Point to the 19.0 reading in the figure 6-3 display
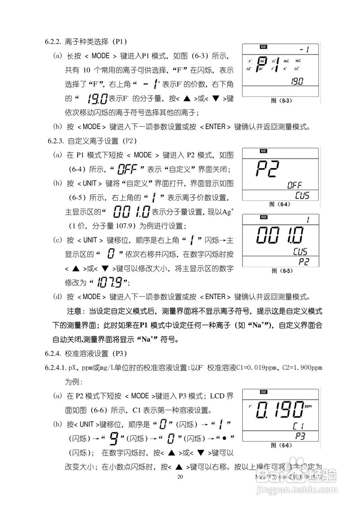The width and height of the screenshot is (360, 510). tap(295, 82)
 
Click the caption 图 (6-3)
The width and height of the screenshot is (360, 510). tap(282, 101)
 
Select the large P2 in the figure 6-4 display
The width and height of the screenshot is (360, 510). tap(267, 169)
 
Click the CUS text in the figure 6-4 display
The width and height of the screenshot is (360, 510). tap(302, 196)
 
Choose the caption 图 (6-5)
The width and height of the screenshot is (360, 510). tap(282, 271)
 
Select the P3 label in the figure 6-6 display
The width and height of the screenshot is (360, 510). tap(301, 436)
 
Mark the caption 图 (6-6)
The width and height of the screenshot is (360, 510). tap(282, 445)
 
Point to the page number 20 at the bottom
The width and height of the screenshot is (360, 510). tap(180, 477)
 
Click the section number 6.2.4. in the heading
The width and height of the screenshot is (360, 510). tap(53, 353)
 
